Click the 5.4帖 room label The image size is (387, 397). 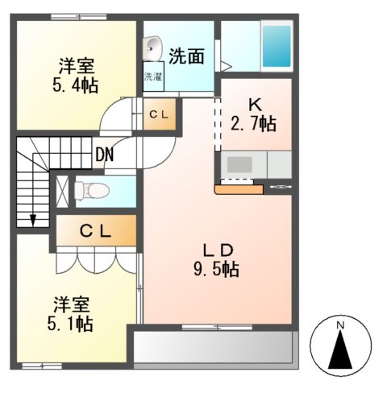(77, 74)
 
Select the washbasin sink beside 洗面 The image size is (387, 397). (152, 48)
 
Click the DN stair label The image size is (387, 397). (103, 152)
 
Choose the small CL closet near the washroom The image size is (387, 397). (157, 115)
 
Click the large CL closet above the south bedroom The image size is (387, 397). (95, 230)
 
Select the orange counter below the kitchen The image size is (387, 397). (239, 190)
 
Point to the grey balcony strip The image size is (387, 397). (214, 347)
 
